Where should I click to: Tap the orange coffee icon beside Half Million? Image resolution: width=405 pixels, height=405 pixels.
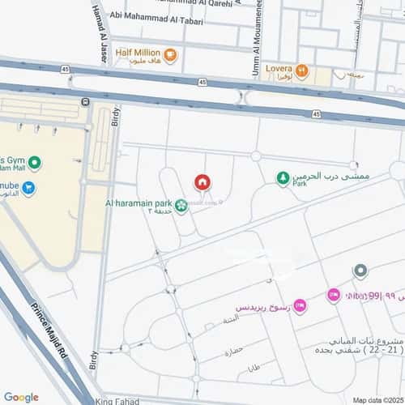click(170, 55)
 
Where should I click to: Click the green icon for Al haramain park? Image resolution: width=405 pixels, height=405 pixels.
click(182, 205)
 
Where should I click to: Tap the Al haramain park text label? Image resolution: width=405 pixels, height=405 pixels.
click(139, 203)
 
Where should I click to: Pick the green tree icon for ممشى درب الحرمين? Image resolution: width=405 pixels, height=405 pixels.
click(283, 178)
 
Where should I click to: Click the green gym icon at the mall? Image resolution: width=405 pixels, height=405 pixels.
click(35, 163)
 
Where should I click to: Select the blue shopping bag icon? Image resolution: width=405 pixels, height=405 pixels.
click(29, 189)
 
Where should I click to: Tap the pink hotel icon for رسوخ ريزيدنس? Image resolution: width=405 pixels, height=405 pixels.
click(300, 305)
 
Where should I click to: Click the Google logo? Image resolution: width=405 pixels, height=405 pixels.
click(21, 397)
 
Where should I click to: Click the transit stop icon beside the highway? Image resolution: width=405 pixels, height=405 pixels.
click(85, 101)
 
